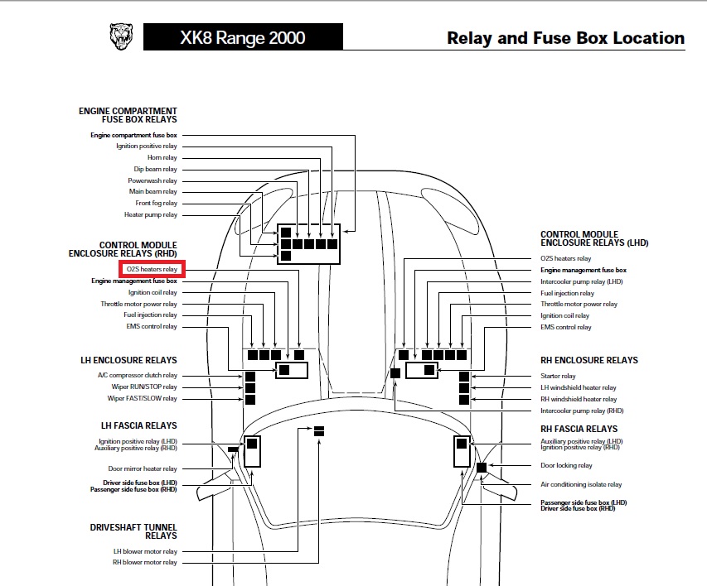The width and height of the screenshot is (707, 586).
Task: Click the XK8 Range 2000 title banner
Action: (242, 37)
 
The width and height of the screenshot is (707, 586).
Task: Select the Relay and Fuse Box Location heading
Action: (565, 38)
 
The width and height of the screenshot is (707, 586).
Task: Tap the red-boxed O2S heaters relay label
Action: (151, 269)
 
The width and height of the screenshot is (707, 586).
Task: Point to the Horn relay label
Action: (162, 157)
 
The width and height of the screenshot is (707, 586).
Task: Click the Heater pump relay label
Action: (150, 215)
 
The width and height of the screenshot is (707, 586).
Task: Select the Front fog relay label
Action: (156, 204)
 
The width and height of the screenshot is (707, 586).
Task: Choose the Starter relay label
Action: (558, 376)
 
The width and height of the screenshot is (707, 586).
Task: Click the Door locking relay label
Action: (566, 465)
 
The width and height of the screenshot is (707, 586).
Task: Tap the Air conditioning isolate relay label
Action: (580, 484)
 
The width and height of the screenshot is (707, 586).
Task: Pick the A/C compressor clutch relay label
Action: (143, 375)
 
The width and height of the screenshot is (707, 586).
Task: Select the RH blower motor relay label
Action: (145, 563)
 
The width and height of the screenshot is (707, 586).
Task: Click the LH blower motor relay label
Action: (145, 551)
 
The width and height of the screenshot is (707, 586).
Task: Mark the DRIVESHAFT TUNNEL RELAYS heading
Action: (133, 531)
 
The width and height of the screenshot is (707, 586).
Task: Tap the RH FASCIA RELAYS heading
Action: (579, 429)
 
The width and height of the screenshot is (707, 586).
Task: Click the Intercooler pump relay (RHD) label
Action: (581, 411)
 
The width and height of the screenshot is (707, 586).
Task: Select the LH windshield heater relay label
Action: (578, 387)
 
